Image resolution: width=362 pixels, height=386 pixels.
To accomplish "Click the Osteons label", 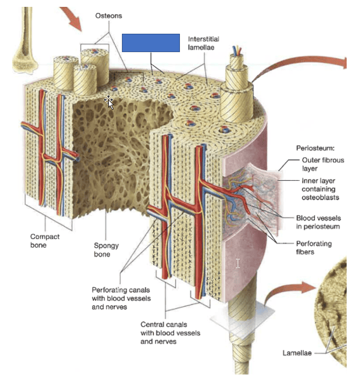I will pyautogui.click(x=108, y=15).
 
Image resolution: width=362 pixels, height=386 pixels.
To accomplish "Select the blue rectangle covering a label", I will pyautogui.click(x=151, y=43).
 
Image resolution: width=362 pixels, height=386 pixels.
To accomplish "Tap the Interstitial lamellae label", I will pyautogui.click(x=203, y=43).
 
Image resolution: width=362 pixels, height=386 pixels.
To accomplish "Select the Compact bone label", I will pyautogui.click(x=45, y=240).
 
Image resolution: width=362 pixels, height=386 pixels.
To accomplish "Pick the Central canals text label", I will pyautogui.click(x=170, y=333).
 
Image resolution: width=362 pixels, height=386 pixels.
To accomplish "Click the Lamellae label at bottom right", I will pyautogui.click(x=297, y=353).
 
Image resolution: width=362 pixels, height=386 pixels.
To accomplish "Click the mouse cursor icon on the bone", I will pyautogui.click(x=108, y=102).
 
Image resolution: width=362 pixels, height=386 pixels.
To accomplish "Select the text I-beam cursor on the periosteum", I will pyautogui.click(x=238, y=263).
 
